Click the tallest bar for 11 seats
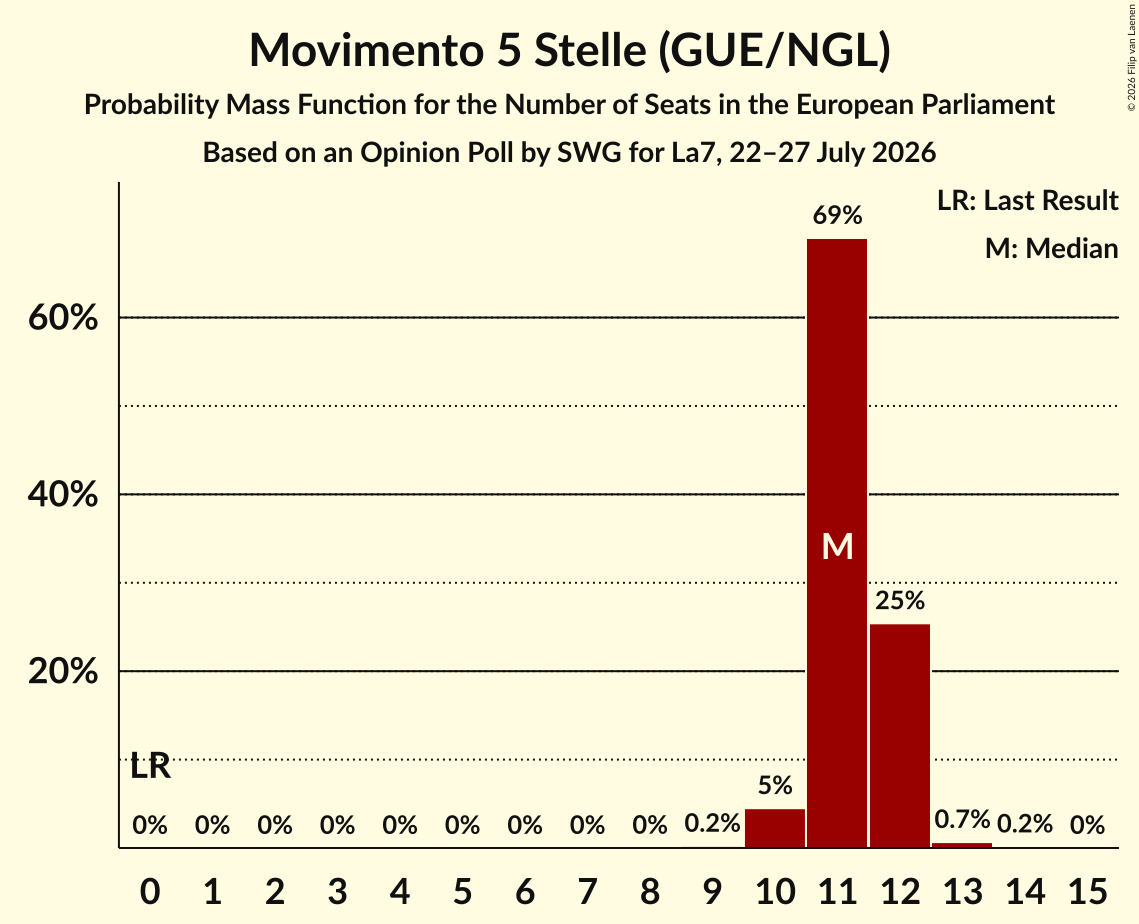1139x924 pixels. pyautogui.click(x=837, y=543)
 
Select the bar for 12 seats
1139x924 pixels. pyautogui.click(x=899, y=736)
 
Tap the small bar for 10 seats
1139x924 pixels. pyautogui.click(x=774, y=828)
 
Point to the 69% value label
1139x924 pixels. pyautogui.click(x=837, y=215)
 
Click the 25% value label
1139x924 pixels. pyautogui.click(x=899, y=601)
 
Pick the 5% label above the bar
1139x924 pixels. pyautogui.click(x=774, y=785)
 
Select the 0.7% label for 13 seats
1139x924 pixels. pyautogui.click(x=962, y=820)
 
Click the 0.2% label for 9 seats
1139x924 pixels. pyautogui.click(x=712, y=823)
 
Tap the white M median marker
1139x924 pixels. pyautogui.click(x=837, y=546)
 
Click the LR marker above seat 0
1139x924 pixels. pyautogui.click(x=150, y=766)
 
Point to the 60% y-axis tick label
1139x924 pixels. pyautogui.click(x=63, y=317)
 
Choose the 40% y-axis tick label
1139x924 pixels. pyautogui.click(x=63, y=495)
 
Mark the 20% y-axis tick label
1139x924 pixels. pyautogui.click(x=63, y=671)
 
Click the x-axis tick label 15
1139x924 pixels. pyautogui.click(x=1087, y=891)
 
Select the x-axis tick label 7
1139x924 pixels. pyautogui.click(x=587, y=891)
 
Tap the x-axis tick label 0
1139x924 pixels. pyautogui.click(x=150, y=891)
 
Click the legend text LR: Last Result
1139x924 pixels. pyautogui.click(x=1027, y=200)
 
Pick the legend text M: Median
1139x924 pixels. pyautogui.click(x=1051, y=248)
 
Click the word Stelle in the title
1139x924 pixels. pyautogui.click(x=590, y=50)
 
